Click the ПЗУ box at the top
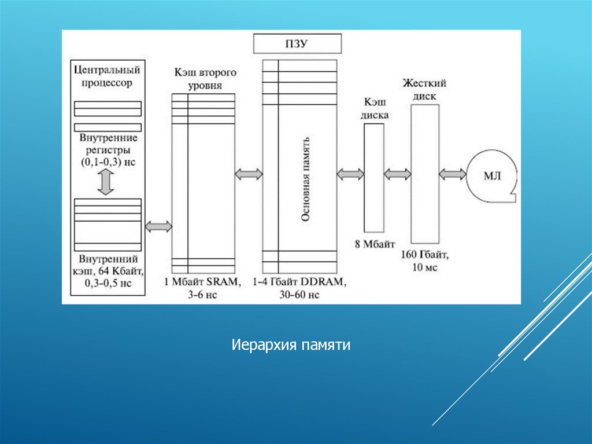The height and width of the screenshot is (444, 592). coord(298,44)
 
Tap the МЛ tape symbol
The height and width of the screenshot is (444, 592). coord(492,174)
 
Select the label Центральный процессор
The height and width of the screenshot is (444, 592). coord(108,76)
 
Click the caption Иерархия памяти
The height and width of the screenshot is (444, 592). coord(291,346)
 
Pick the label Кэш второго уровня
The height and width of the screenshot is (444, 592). coord(205,80)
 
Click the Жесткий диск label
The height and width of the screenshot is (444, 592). coord(425,90)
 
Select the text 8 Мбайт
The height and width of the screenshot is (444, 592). coord(373,243)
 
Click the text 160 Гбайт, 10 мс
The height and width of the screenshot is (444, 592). coord(425,260)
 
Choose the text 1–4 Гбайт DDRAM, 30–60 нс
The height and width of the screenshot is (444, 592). coord(299,288)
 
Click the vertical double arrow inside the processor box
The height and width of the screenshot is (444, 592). coord(107,182)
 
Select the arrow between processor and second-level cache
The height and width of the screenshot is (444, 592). coord(158,226)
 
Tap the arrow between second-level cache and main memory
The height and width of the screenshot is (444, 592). coord(249,174)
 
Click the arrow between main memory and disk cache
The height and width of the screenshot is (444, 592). coord(350,174)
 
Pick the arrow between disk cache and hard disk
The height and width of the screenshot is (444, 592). coord(397,174)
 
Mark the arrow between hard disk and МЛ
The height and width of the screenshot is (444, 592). coord(453,174)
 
